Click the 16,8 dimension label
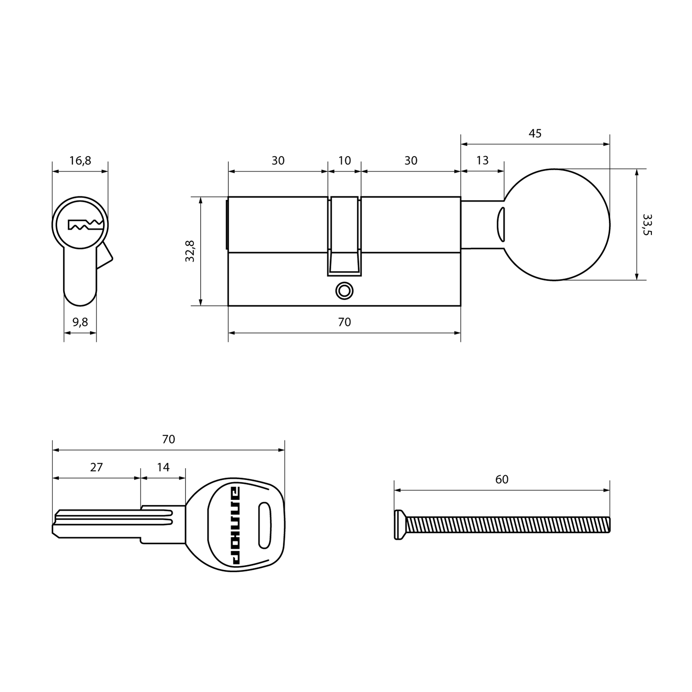(80, 161)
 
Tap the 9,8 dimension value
(80, 322)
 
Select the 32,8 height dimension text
(190, 251)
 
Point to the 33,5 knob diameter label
(647, 224)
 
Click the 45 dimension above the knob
(535, 134)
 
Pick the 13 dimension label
(482, 160)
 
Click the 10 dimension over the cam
(344, 161)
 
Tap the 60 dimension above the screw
(502, 480)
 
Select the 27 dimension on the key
(96, 468)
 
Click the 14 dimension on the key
(163, 468)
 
